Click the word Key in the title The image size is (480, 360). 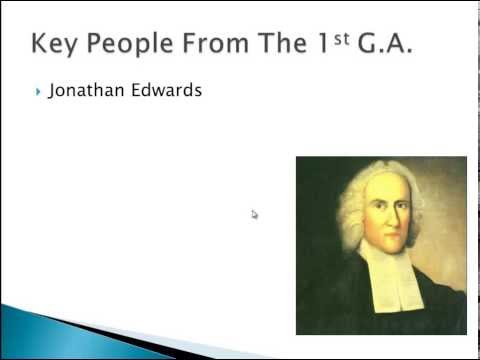(x=58, y=44)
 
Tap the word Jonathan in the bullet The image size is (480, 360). (x=82, y=91)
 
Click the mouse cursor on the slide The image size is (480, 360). (x=255, y=214)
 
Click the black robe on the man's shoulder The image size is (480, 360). (x=335, y=300)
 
